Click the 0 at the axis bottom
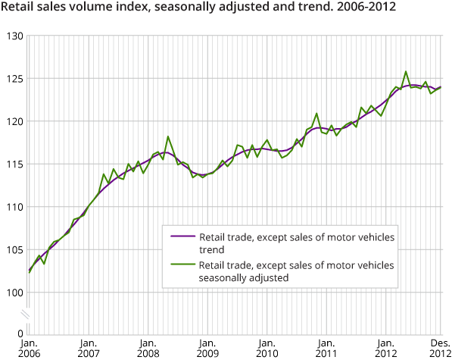(20, 333)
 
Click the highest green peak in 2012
(406, 72)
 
